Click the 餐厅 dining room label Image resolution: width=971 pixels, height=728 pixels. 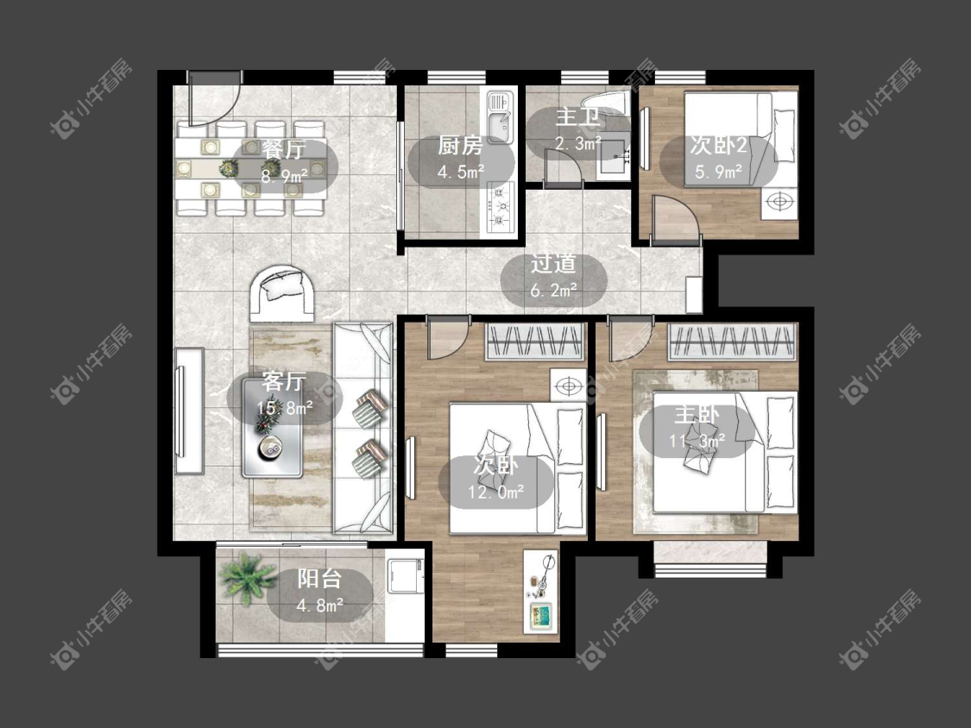click(284, 149)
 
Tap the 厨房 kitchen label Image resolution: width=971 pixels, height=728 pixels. click(459, 146)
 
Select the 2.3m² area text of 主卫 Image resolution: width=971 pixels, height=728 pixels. click(577, 144)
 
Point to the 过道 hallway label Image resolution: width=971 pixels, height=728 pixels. click(553, 264)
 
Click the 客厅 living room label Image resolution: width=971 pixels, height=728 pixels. click(284, 381)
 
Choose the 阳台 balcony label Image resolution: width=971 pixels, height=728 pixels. click(318, 579)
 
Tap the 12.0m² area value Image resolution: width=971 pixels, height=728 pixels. click(496, 493)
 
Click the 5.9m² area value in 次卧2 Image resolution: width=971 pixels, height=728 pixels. click(718, 172)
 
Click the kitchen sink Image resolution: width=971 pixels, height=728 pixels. click(500, 117)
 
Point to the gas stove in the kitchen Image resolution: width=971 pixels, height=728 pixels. click(500, 207)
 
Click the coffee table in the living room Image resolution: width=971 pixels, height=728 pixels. click(273, 428)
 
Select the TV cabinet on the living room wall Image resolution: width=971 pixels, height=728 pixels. click(190, 411)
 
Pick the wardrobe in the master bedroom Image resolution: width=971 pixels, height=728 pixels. click(731, 341)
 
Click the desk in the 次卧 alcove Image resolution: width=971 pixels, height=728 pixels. click(540, 591)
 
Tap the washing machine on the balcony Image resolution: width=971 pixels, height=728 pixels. click(405, 580)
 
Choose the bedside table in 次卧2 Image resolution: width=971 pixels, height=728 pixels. click(779, 202)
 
